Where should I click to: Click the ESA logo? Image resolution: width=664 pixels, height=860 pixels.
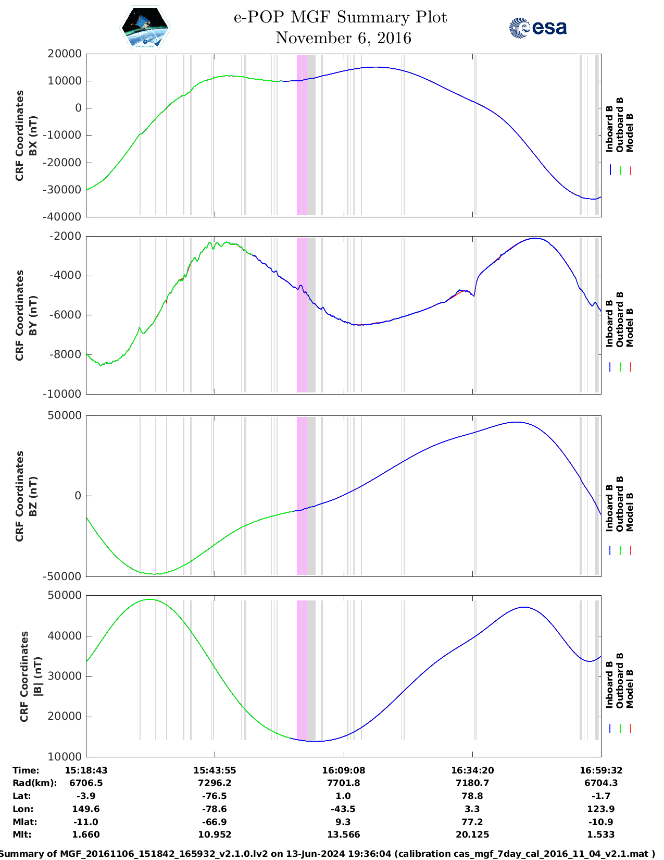pos(538,28)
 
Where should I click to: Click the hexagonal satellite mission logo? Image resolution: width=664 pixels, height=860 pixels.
pos(145,28)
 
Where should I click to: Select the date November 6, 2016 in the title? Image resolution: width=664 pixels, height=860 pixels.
pos(343,38)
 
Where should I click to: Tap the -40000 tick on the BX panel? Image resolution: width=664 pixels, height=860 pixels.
pos(65,217)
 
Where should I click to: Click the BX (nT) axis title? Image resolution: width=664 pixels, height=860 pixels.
pos(33,136)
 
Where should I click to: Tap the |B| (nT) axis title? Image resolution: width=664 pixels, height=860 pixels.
pos(37,676)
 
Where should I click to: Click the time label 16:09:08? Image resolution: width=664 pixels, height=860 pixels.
pos(343,770)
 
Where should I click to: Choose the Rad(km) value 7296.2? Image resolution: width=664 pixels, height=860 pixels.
pos(215,783)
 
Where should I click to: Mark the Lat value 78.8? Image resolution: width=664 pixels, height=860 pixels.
pos(472,796)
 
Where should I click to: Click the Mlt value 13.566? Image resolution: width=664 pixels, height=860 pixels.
pos(343,834)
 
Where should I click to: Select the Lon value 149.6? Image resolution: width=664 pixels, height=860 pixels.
pos(86,809)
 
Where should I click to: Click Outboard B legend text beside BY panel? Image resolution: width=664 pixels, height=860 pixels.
pos(620,319)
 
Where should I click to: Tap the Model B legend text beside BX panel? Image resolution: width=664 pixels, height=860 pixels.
pos(630,132)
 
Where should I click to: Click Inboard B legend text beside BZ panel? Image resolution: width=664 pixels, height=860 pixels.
pos(609,508)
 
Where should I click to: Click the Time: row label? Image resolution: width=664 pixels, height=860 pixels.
pos(26,770)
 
